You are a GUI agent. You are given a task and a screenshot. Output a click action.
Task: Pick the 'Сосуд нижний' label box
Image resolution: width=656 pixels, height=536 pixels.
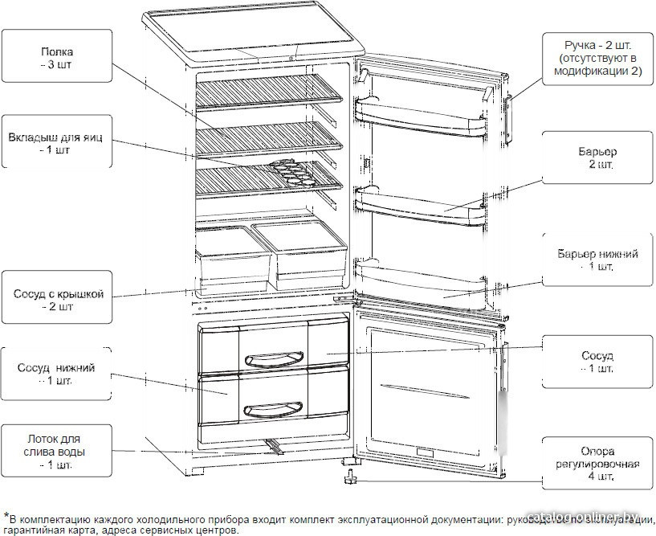point(55,374)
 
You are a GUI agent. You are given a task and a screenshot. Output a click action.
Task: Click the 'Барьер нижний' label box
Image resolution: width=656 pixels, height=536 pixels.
point(598,260)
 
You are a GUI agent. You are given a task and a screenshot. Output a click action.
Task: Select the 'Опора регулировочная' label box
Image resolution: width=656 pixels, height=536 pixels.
point(598,463)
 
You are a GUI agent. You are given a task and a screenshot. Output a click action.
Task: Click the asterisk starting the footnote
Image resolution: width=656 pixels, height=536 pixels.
point(6,516)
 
